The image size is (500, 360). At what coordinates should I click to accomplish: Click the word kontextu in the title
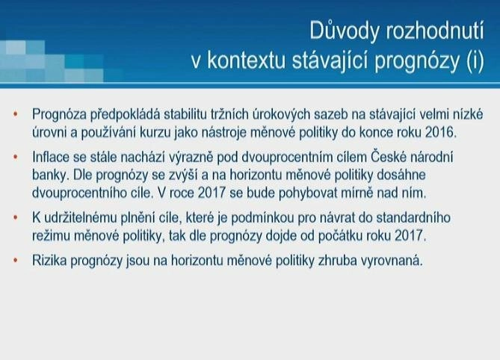pos(247,60)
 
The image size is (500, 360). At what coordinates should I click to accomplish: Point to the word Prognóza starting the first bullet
pos(59,115)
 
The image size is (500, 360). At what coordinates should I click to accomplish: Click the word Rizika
pos(49,261)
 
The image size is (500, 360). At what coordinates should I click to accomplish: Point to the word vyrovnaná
pos(392,261)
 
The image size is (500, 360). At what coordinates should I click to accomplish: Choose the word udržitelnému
pos(81,217)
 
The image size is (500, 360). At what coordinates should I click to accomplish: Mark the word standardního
pos(413,217)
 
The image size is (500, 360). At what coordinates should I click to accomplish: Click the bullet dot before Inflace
pos(15,157)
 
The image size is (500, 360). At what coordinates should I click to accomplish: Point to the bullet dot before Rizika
pos(15,261)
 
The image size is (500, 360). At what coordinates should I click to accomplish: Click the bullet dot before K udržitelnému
pos(15,217)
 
